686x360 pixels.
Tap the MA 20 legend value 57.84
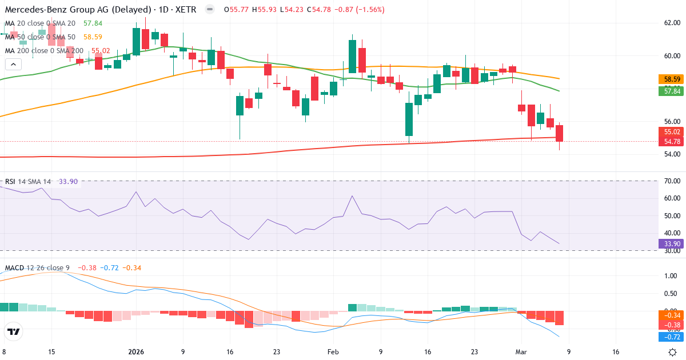tap(93, 23)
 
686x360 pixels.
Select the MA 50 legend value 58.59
tap(93, 37)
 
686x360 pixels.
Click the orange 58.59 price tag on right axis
tap(670, 79)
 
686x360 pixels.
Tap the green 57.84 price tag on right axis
tap(670, 91)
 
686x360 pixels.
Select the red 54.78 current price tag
tap(670, 141)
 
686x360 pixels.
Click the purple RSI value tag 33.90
tap(670, 243)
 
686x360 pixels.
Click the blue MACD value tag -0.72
tap(670, 337)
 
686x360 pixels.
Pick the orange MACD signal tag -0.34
tap(670, 315)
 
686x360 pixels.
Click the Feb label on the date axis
tap(333, 352)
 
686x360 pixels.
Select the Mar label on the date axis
tap(521, 352)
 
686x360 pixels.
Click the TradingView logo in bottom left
tap(14, 331)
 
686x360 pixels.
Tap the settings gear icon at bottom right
tap(673, 352)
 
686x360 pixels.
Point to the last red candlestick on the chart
tap(559, 133)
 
